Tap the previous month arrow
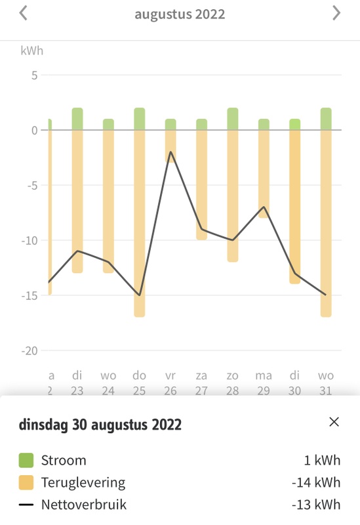(24, 13)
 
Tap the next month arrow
(336, 13)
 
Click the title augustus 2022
(180, 14)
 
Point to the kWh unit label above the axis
(32, 51)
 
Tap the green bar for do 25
(139, 119)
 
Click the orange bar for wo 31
(326, 223)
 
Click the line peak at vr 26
(170, 152)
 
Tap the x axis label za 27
(201, 383)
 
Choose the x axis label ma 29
(264, 383)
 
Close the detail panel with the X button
(334, 422)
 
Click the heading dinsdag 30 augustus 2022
(100, 425)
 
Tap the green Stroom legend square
(26, 460)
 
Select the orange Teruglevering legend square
(26, 482)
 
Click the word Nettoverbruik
(83, 505)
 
